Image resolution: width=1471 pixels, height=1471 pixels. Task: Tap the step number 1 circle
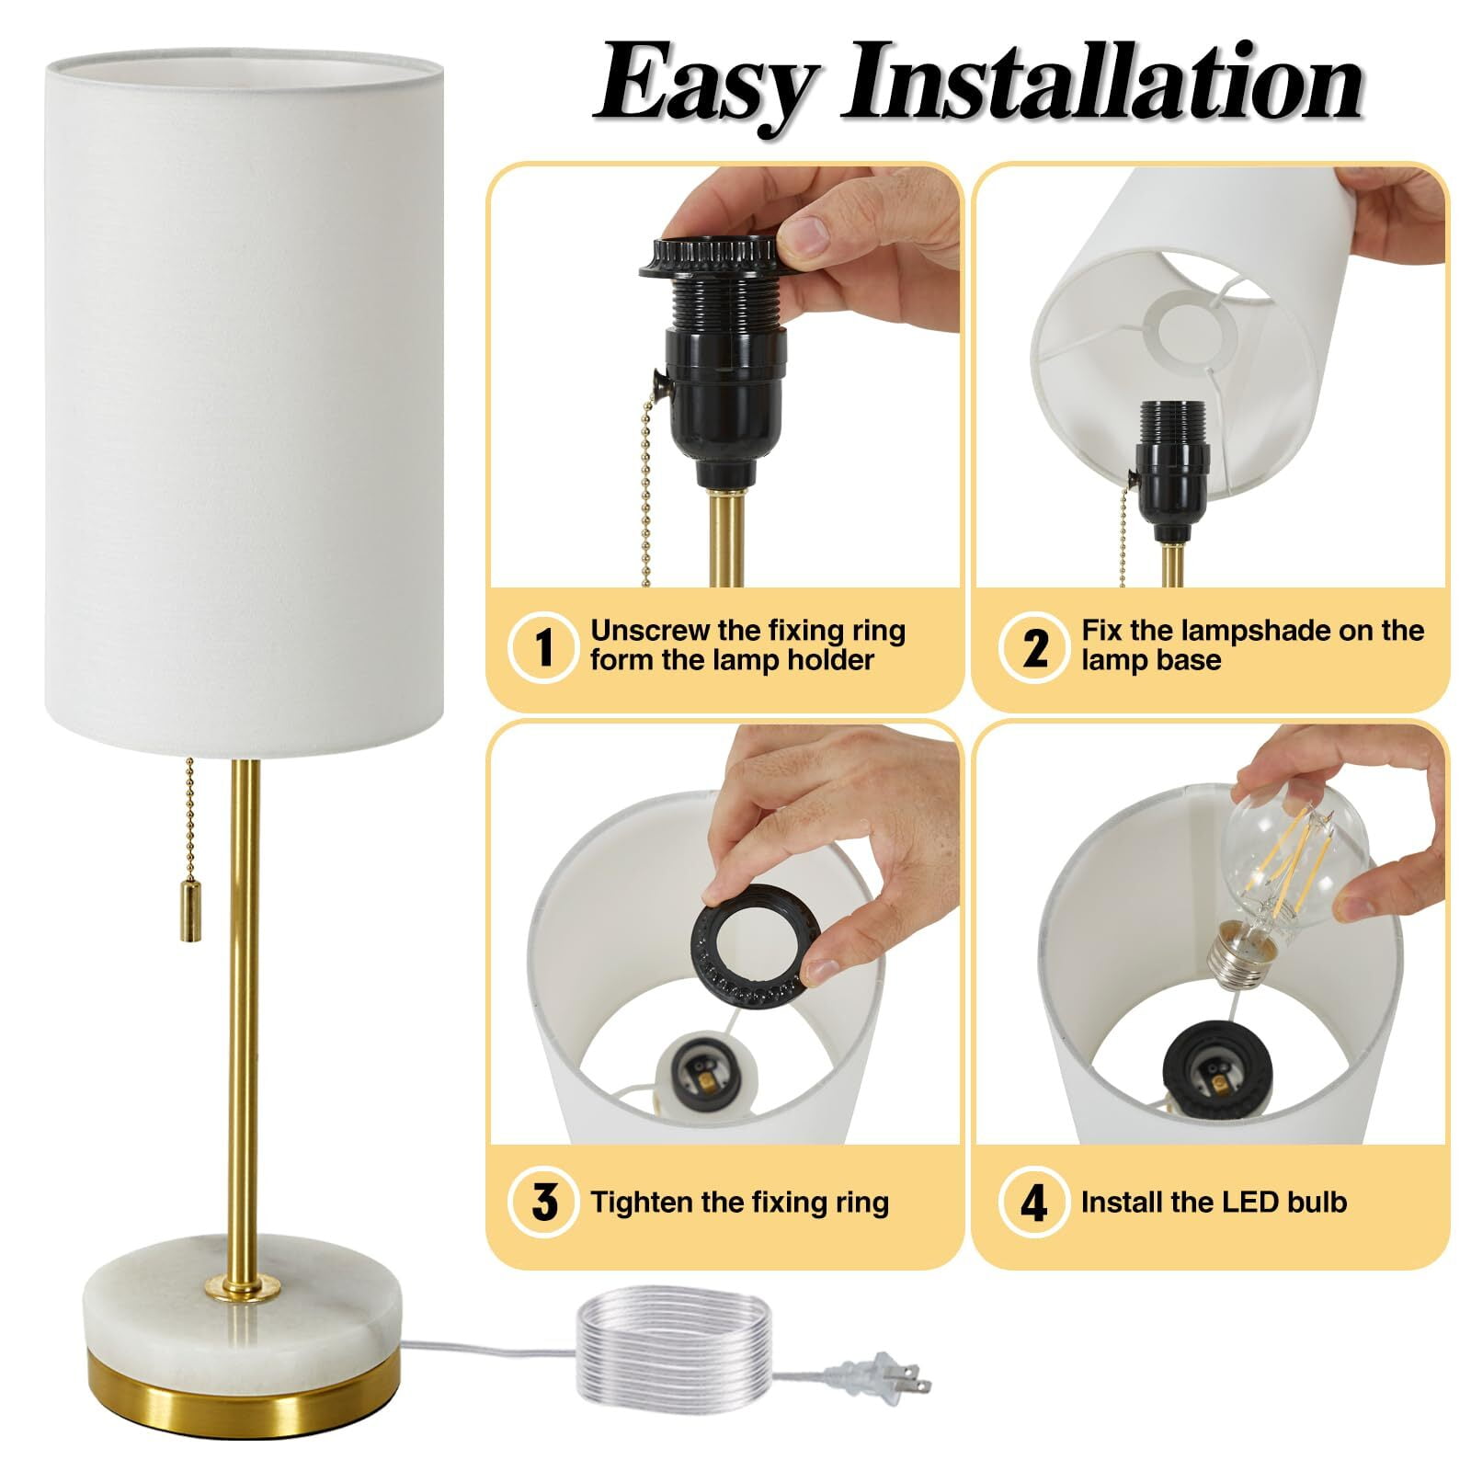[543, 646]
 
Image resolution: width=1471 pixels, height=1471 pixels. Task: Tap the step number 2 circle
[1034, 646]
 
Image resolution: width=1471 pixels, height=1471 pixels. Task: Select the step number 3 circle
[543, 1203]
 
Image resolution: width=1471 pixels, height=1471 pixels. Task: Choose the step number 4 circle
[1034, 1203]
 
